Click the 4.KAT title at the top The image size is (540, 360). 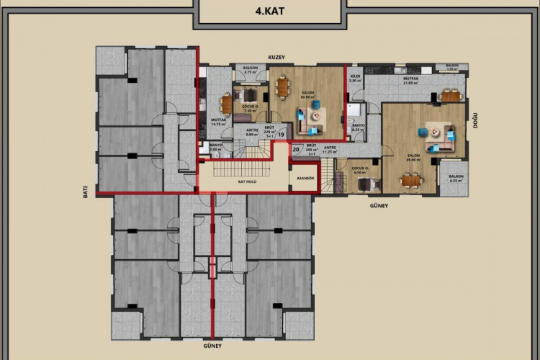pos(269,12)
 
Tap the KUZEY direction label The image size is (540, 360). pos(277,55)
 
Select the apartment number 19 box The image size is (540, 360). pos(282,134)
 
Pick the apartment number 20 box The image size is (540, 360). pos(297,149)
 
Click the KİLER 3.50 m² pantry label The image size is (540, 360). pos(354,78)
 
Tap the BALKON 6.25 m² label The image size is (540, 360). pos(455,178)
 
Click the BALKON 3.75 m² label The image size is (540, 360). pos(251,71)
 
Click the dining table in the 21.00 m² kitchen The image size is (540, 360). pos(451,96)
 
